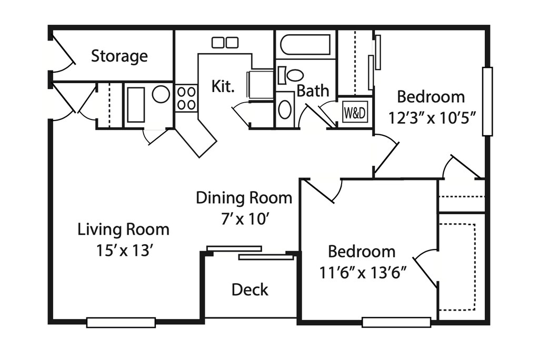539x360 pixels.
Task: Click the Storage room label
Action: pos(119,56)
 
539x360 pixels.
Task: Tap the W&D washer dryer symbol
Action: pos(355,112)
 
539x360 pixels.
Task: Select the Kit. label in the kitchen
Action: pos(223,86)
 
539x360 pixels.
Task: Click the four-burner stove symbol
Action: pos(186,98)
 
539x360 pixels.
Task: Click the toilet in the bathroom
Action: pos(291,75)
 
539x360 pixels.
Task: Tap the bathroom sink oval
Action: pos(285,109)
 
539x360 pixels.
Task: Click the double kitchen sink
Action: pos(225,43)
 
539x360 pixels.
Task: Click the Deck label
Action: pos(250,289)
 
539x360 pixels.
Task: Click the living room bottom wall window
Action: pos(121,322)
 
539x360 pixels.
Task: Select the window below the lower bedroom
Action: pos(396,322)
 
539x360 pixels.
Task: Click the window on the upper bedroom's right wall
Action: pos(487,101)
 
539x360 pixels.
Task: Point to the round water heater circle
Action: pos(161,94)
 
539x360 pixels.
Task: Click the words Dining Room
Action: pos(244,198)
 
